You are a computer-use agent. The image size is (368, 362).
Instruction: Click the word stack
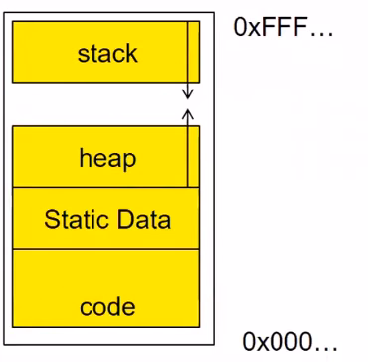click(107, 54)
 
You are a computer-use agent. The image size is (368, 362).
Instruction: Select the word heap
click(107, 159)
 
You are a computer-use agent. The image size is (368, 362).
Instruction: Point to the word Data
click(141, 219)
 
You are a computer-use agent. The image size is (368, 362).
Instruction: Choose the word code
click(107, 306)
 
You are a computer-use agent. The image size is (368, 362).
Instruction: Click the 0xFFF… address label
click(283, 26)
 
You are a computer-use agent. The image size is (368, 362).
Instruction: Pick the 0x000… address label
click(289, 341)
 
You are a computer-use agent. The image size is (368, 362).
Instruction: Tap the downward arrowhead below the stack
click(188, 94)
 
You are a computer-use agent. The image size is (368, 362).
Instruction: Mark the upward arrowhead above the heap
click(188, 114)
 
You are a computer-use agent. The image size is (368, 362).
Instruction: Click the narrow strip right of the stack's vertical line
click(194, 52)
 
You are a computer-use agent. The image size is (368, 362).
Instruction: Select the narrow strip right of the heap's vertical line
click(194, 156)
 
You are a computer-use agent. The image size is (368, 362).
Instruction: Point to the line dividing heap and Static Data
click(105, 188)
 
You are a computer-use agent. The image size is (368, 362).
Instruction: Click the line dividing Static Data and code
click(105, 249)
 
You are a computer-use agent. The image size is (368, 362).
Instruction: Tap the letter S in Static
click(52, 219)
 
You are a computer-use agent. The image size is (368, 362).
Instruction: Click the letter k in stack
click(131, 53)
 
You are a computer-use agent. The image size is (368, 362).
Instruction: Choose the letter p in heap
click(129, 162)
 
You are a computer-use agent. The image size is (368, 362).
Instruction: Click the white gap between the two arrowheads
click(188, 104)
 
